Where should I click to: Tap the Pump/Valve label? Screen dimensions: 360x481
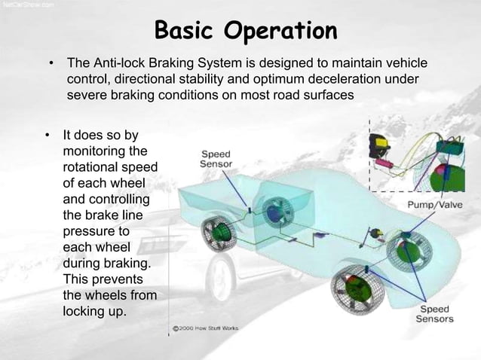434,203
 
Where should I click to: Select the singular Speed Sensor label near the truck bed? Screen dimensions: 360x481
215,157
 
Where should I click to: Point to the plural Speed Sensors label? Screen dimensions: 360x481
436,314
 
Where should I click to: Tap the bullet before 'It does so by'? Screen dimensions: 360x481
47,136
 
